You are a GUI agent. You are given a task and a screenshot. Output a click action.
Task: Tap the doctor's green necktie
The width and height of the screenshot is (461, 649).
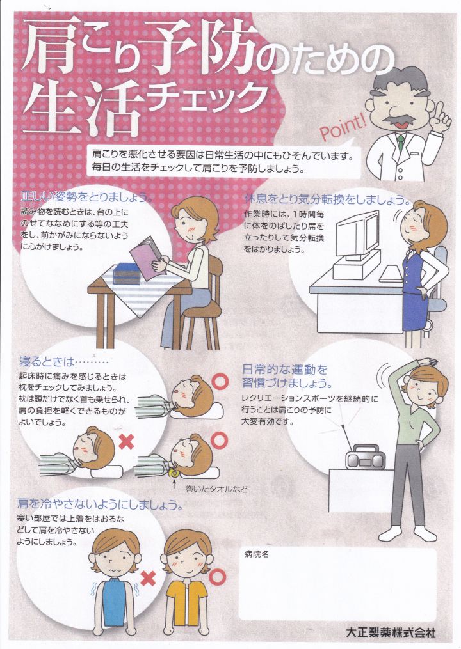[x=400, y=142]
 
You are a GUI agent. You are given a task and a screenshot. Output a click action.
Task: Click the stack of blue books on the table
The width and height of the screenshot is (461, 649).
[x=127, y=273]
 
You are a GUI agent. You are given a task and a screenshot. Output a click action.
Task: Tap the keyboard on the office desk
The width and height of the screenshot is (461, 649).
[x=391, y=274]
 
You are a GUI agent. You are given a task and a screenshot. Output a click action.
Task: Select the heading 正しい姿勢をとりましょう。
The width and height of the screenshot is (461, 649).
[x=86, y=196]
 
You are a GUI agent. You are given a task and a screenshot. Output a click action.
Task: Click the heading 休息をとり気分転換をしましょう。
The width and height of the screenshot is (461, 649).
[x=328, y=200]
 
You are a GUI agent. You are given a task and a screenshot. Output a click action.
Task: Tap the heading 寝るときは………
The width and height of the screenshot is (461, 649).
[x=63, y=362]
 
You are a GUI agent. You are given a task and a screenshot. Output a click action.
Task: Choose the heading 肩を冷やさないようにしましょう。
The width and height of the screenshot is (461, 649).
[x=100, y=504]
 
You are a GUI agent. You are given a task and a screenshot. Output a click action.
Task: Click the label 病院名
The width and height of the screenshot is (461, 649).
[x=257, y=554]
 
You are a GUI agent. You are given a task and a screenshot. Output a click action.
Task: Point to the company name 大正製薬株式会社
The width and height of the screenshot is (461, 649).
[x=391, y=632]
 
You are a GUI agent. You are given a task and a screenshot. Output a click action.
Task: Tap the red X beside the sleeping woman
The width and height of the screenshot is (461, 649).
[x=126, y=442]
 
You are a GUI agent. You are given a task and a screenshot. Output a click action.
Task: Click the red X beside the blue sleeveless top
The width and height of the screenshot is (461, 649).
[x=148, y=578]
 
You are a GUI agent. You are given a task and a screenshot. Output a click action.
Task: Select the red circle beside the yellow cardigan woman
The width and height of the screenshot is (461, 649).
[x=218, y=575]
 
